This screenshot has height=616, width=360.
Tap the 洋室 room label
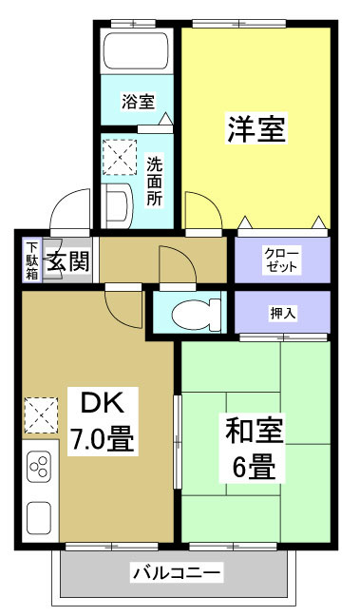pyautogui.click(x=256, y=128)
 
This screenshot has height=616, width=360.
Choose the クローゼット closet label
pyautogui.click(x=281, y=260)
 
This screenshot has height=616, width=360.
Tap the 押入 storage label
pyautogui.click(x=282, y=311)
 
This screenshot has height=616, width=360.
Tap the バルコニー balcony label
pyautogui.click(x=177, y=573)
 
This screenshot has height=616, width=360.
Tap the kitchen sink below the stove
pyautogui.click(x=41, y=517)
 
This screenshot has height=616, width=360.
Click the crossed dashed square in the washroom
pyautogui.click(x=121, y=157)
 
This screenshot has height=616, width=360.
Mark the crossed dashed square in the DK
pyautogui.click(x=41, y=414)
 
